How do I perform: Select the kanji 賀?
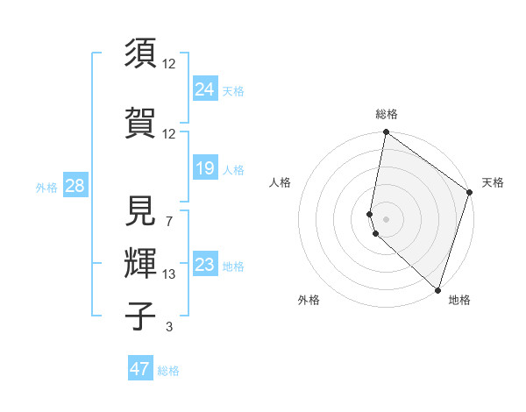tap(140, 122)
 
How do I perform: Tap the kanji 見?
tap(140, 211)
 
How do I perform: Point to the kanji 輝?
tap(140, 262)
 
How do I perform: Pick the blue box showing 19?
tap(205, 167)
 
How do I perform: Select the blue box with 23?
tap(205, 264)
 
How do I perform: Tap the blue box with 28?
tap(74, 185)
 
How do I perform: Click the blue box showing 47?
tap(140, 368)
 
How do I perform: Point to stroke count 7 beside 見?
tap(169, 221)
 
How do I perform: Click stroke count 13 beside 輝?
tap(169, 274)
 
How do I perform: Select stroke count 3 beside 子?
tap(169, 327)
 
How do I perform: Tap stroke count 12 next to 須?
tap(169, 63)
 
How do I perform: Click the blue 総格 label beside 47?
tap(169, 371)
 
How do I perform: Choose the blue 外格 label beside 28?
tap(46, 188)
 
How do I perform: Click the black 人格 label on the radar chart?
tap(281, 182)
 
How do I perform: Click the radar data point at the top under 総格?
tap(387, 133)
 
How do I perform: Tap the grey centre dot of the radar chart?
tap(387, 218)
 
